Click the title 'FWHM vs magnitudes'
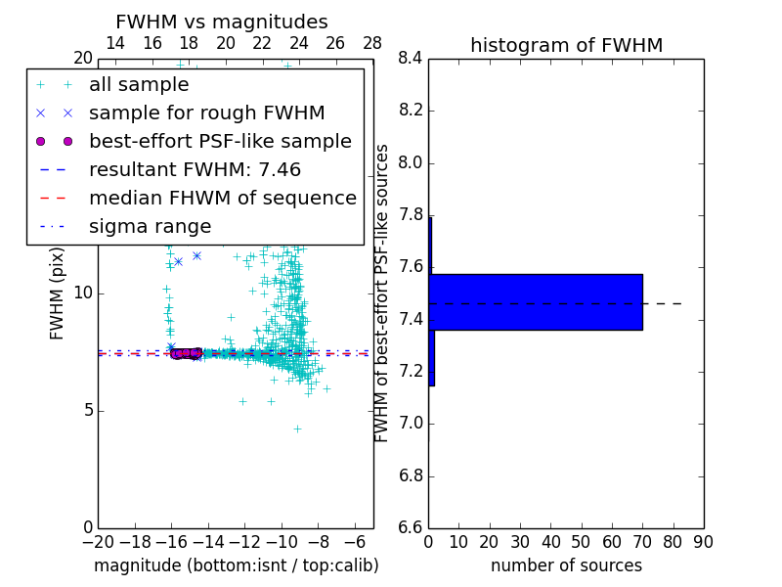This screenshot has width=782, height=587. click(222, 23)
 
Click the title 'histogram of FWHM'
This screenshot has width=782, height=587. click(566, 45)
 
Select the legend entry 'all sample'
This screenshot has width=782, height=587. click(139, 85)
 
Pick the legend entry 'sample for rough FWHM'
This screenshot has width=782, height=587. click(206, 113)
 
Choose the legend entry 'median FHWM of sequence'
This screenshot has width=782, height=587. click(222, 198)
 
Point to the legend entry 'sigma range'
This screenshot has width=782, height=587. click(150, 226)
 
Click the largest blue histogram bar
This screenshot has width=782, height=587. click(536, 302)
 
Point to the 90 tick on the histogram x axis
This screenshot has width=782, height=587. click(703, 541)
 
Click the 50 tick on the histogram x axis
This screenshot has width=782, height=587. click(581, 541)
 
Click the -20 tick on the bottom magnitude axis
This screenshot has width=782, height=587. click(98, 541)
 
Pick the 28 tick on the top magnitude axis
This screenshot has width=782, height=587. click(372, 43)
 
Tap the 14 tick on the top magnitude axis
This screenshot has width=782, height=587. click(115, 43)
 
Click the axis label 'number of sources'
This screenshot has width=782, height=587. click(566, 565)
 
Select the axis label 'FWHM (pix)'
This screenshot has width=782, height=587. click(58, 294)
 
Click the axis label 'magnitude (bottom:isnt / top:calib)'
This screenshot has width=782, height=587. click(236, 565)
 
